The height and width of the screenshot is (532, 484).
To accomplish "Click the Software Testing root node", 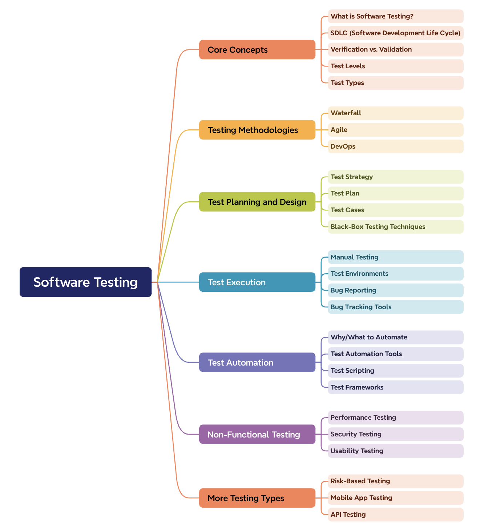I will pos(85,282).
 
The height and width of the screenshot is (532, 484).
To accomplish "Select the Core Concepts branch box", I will pos(257,50).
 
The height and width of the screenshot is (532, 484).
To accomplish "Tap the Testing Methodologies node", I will pos(257,130).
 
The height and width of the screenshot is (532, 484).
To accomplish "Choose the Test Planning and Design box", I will pos(257,202).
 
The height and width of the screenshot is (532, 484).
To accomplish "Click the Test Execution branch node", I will pos(257,282).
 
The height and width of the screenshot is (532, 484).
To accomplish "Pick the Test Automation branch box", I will pos(257,362).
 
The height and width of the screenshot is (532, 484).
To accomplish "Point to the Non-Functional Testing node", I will pos(257,434).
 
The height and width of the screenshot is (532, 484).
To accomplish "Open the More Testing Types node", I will pos(257,498).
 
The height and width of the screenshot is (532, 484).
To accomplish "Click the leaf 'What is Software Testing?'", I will pos(395,16).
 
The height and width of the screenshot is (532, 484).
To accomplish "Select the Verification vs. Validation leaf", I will pos(395,49).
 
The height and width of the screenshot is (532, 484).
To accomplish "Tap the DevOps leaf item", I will pos(395,146).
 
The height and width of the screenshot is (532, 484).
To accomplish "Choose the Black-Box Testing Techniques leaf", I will pos(395,227).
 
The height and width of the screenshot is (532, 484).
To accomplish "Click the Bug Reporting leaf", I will pos(395,290).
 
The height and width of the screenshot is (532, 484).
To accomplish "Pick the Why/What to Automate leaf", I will pos(395,337).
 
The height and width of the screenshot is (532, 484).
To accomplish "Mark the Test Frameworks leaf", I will pos(395,387).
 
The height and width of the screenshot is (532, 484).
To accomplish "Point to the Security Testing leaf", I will pos(395,434).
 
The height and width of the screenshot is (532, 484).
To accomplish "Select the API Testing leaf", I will pos(395,515).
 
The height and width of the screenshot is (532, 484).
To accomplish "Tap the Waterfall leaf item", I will pos(395,113).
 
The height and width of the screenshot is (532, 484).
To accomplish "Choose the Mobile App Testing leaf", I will pos(395,498).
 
